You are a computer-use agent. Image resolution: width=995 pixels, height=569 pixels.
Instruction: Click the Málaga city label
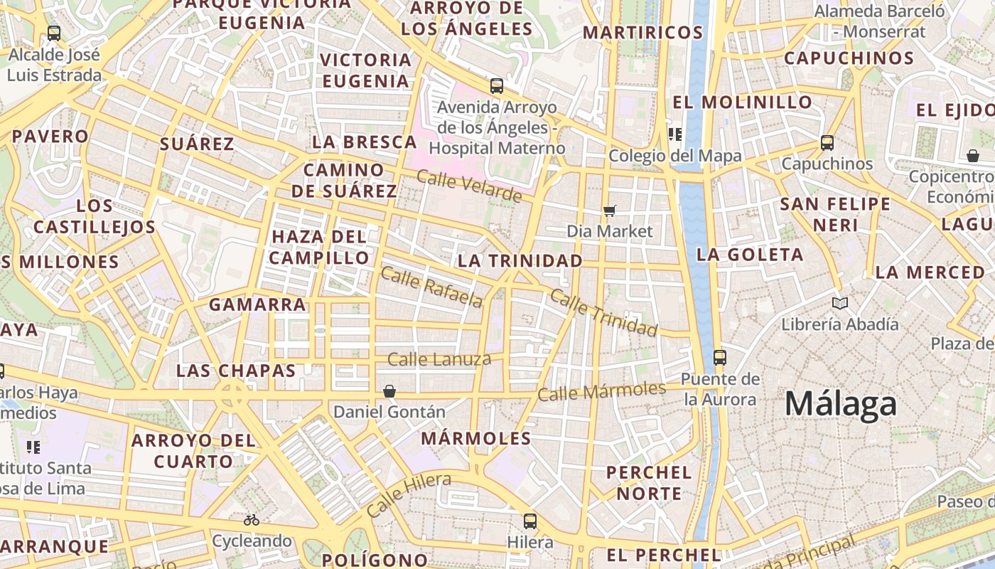(841, 404)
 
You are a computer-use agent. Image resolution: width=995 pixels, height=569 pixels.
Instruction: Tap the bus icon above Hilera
(530, 521)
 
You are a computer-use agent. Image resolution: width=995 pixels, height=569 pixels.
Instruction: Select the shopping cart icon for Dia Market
(609, 211)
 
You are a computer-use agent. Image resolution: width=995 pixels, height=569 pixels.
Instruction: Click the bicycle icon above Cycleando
(252, 520)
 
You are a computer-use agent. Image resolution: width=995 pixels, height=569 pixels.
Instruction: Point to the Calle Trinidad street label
(604, 314)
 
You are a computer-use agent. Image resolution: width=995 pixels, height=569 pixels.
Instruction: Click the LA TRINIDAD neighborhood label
(520, 261)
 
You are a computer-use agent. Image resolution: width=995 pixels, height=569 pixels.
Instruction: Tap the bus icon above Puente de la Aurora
(720, 357)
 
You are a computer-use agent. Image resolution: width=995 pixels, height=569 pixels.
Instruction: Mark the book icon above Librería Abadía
(840, 304)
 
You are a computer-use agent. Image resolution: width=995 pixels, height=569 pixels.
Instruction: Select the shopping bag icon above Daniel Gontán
(389, 391)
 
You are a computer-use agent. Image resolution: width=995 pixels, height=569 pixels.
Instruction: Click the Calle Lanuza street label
(439, 359)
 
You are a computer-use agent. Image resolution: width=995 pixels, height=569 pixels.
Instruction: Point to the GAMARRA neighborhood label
(257, 305)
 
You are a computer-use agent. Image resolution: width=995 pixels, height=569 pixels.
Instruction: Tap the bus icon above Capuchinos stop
(827, 142)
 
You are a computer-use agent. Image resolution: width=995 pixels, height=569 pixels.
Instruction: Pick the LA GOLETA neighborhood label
(750, 255)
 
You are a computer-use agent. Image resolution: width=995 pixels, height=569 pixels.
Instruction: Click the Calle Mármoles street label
(601, 391)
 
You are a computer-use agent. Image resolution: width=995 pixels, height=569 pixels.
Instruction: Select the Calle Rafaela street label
(432, 287)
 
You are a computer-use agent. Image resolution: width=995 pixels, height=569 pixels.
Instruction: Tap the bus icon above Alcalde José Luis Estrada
(54, 33)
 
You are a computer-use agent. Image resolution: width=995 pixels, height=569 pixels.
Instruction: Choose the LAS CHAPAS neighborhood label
(236, 371)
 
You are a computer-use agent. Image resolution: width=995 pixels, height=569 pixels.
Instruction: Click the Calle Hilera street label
(409, 494)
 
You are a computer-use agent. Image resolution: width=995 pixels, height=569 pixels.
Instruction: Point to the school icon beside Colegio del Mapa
(674, 134)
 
